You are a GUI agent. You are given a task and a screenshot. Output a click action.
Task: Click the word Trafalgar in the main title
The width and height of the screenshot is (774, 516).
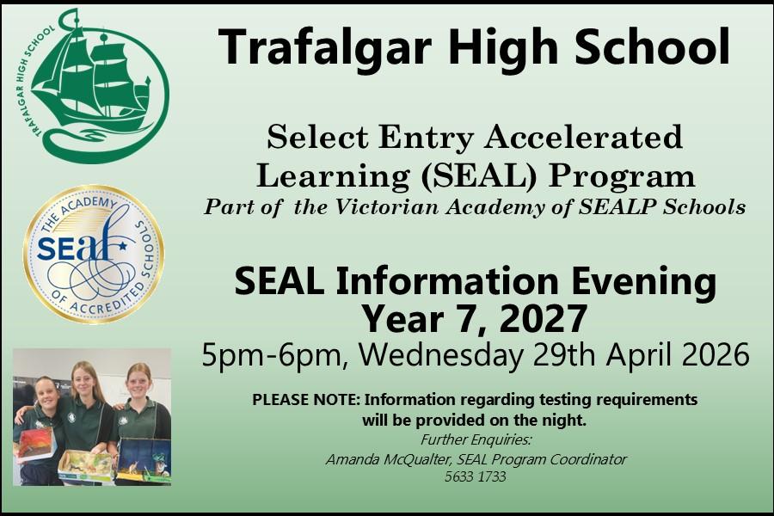[x=325, y=48]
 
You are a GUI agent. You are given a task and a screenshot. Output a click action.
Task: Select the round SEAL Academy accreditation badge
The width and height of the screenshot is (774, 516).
[x=94, y=255]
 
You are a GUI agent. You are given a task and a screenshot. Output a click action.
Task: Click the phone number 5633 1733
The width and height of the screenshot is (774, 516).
[x=475, y=477]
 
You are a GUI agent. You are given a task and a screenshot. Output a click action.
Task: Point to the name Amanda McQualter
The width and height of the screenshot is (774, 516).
[x=388, y=460]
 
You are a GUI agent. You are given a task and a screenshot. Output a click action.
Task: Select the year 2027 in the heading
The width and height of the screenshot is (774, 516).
[x=543, y=319]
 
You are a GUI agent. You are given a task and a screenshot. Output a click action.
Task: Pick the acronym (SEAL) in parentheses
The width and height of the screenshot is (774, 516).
[x=478, y=175]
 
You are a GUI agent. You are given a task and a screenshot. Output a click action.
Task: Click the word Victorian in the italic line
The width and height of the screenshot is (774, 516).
[x=386, y=207]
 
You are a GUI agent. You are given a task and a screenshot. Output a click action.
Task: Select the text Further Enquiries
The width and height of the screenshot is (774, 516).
[x=476, y=440]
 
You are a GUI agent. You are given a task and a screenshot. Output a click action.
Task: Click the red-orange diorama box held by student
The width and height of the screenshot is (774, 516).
[x=34, y=444]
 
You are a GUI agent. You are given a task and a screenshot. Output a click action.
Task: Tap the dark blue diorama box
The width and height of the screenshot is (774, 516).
[x=144, y=460]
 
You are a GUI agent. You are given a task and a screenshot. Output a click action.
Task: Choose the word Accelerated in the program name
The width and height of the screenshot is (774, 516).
[x=583, y=137]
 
